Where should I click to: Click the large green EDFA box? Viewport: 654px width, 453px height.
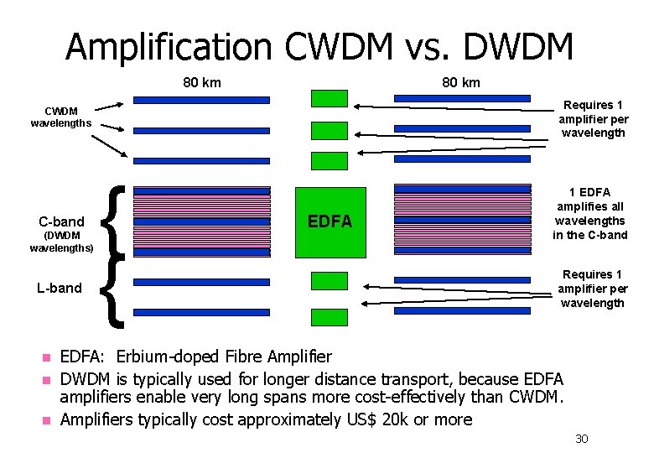pyautogui.click(x=330, y=221)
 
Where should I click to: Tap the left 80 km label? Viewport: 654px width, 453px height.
pyautogui.click(x=202, y=82)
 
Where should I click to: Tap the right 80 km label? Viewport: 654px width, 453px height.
pyautogui.click(x=461, y=82)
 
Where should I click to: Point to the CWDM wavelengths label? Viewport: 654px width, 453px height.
pyautogui.click(x=60, y=117)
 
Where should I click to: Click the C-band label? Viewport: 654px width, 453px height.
pyautogui.click(x=61, y=222)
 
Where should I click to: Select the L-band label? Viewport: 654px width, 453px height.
pyautogui.click(x=60, y=288)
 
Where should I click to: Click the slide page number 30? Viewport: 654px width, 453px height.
pyautogui.click(x=582, y=439)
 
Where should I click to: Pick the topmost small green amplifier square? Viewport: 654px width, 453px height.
pyautogui.click(x=329, y=99)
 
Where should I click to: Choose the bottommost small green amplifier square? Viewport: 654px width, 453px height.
pyautogui.click(x=329, y=317)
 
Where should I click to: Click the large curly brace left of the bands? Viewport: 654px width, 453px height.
pyautogui.click(x=113, y=256)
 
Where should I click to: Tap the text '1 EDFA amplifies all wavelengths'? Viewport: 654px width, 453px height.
pyautogui.click(x=589, y=213)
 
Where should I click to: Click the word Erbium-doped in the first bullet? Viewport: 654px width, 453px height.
pyautogui.click(x=170, y=357)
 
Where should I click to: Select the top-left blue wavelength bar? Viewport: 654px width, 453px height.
pyautogui.click(x=201, y=100)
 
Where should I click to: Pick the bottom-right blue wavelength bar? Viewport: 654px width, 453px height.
pyautogui.click(x=462, y=310)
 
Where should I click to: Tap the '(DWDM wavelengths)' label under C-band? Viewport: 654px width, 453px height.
pyautogui.click(x=61, y=242)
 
